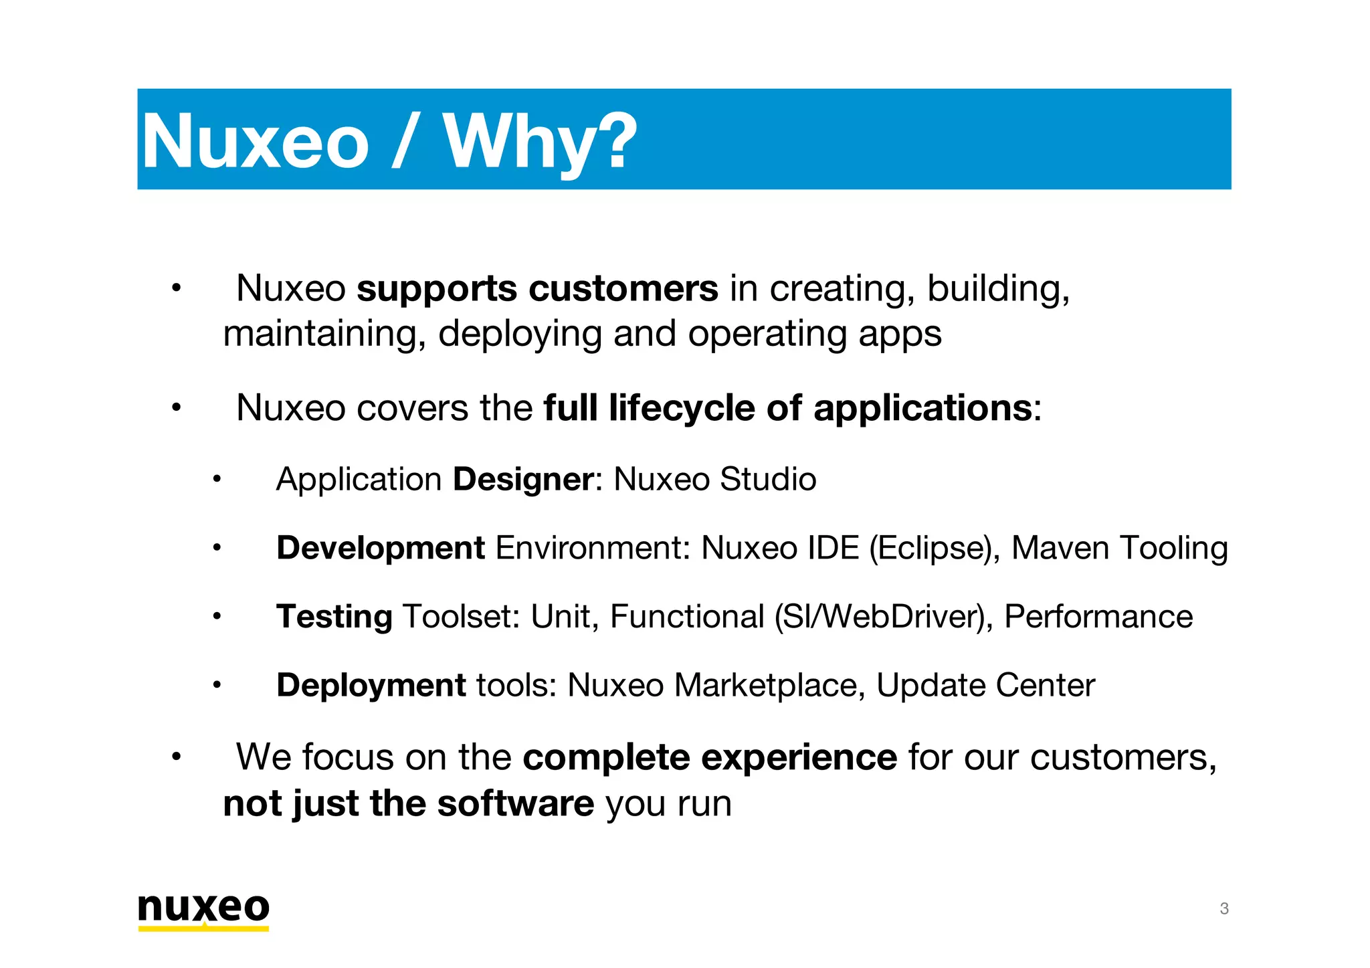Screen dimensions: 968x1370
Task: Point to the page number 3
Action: (x=1224, y=908)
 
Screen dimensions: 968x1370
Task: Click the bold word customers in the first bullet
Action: (x=623, y=289)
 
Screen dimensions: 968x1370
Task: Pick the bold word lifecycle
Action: (x=682, y=408)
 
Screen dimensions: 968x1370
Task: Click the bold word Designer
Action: (x=523, y=480)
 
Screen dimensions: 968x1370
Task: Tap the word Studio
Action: (x=768, y=480)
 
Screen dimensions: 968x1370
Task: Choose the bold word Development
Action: (x=380, y=548)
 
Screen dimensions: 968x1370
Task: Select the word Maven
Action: (x=1060, y=548)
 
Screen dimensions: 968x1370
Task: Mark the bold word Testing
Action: (x=334, y=617)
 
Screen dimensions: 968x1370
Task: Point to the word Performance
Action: (x=1098, y=617)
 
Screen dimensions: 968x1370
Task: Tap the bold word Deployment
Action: (x=371, y=686)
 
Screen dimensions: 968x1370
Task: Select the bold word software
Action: (x=515, y=803)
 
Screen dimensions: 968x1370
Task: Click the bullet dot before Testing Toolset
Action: (x=216, y=617)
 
